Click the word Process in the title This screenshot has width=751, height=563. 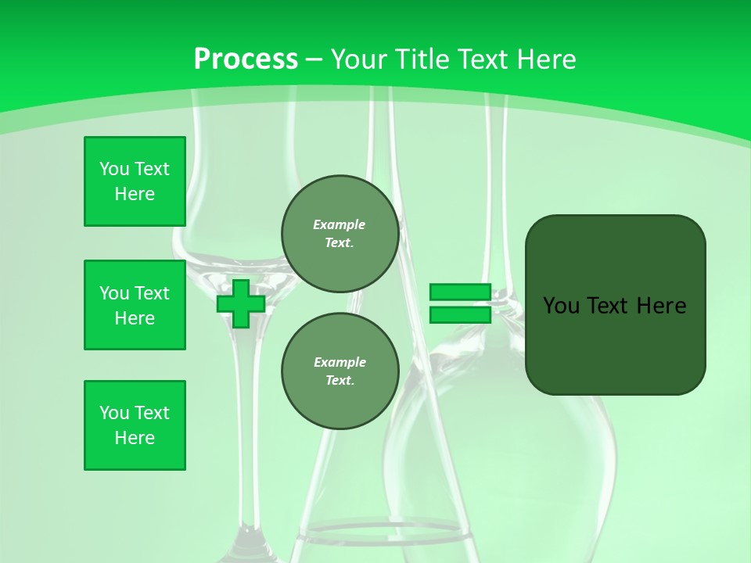click(x=246, y=59)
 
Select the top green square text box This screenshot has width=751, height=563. click(x=135, y=181)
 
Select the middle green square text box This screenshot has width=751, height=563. click(x=135, y=305)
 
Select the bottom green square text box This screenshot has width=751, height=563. click(x=135, y=425)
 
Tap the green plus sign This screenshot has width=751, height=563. click(x=241, y=303)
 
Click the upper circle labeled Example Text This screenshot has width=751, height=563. click(x=340, y=234)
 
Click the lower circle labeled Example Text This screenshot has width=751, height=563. click(x=340, y=371)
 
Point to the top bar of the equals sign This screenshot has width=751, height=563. click(x=460, y=292)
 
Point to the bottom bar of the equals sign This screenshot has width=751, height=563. click(x=460, y=314)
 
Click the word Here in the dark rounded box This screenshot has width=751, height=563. click(x=661, y=306)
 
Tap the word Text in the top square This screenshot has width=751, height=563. click(x=152, y=169)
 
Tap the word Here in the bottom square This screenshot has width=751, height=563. click(x=135, y=438)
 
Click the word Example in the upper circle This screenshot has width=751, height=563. click(x=340, y=224)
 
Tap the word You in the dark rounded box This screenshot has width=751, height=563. click(x=560, y=306)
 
